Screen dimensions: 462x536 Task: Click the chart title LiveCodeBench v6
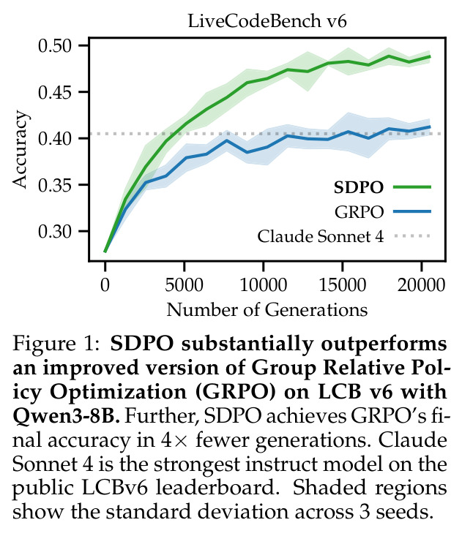[x=267, y=21]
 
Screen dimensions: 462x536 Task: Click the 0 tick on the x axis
[x=105, y=285]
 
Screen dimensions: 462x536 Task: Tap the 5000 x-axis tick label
[x=184, y=285]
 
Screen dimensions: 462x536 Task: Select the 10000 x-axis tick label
[x=263, y=285]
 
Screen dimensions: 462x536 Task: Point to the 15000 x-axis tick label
[x=342, y=285]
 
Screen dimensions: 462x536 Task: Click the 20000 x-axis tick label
[x=421, y=285]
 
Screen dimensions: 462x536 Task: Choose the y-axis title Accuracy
[x=20, y=149]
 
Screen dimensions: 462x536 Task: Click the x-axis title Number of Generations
[x=267, y=310]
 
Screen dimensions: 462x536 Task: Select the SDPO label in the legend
[x=358, y=187]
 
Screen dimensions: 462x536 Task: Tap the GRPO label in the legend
[x=359, y=212]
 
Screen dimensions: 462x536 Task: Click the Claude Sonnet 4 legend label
[x=320, y=236]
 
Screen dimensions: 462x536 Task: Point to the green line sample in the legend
[x=412, y=187]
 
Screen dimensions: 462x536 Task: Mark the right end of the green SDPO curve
[x=430, y=57]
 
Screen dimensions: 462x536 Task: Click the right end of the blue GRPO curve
[x=430, y=127]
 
